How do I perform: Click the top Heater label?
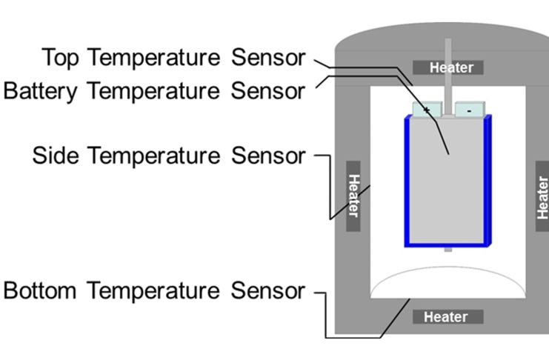coord(451,68)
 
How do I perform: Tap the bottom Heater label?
coord(445,317)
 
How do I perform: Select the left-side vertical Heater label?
coord(353,196)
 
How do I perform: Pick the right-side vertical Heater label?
coord(542,197)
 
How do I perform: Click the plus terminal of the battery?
coord(427,110)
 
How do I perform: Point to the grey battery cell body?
coord(447,185)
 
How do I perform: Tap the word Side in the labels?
coord(56,156)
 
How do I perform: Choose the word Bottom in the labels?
coord(40,290)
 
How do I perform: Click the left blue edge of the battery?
coord(407,181)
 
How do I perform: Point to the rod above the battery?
coord(447,74)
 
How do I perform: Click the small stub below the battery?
coord(447,250)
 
